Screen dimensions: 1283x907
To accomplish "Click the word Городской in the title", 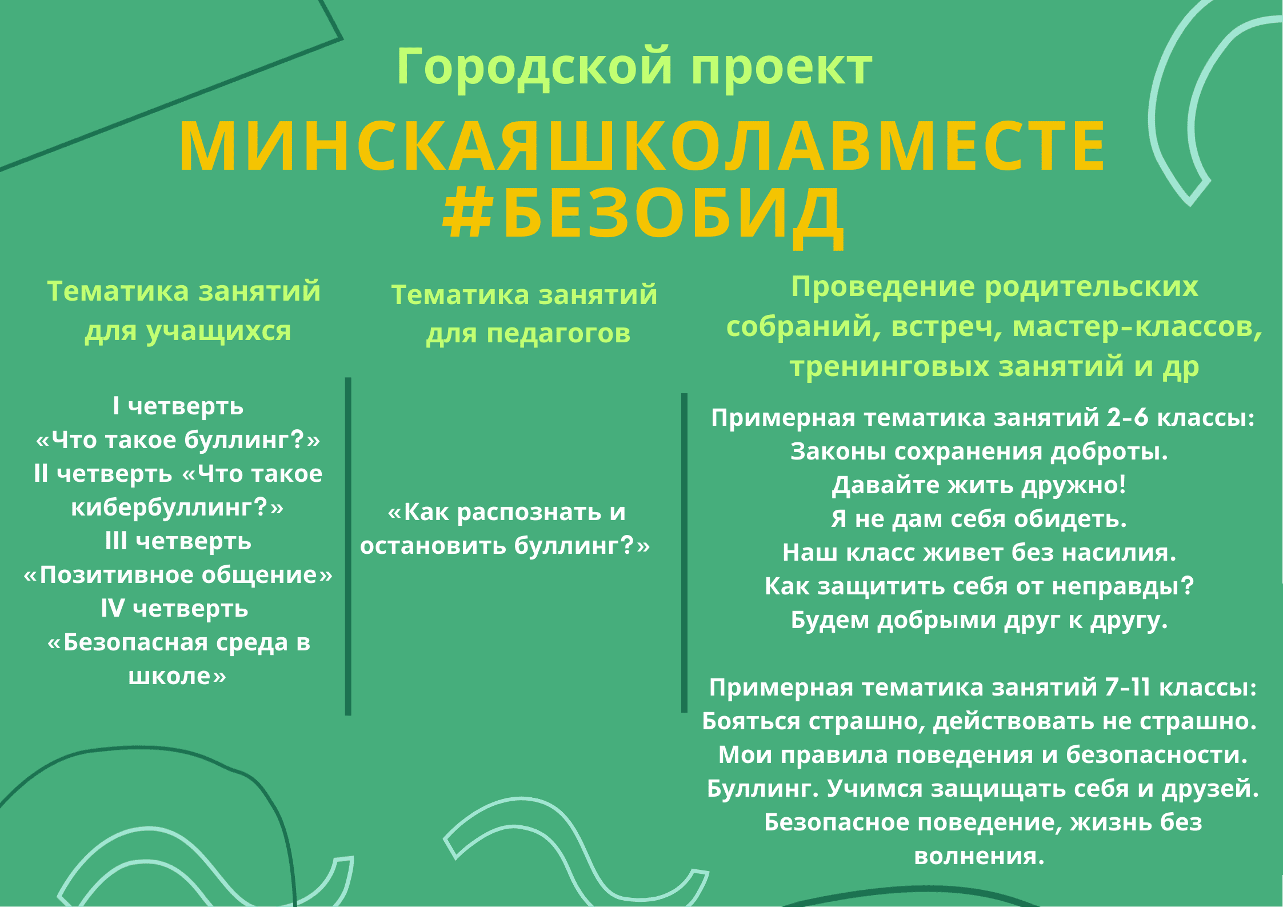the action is tap(534, 67).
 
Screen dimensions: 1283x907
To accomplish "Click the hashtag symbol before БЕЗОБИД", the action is tap(468, 214).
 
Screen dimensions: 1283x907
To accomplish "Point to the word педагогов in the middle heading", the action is tap(558, 334).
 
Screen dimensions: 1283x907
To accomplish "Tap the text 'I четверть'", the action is tap(178, 406).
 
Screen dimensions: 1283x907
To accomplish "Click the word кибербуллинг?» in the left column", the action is tap(177, 507).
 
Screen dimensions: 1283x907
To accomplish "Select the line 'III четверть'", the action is tap(178, 541).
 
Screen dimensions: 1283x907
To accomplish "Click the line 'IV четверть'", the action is tap(175, 608).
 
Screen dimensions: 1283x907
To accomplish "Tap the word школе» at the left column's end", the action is tap(177, 676).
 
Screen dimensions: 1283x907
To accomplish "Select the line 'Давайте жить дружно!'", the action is tap(979, 485).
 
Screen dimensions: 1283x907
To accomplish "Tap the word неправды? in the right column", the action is tap(1123, 586).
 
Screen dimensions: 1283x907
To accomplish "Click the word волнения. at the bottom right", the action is tap(980, 856).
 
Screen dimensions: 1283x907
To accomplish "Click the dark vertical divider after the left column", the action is tap(348, 546).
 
